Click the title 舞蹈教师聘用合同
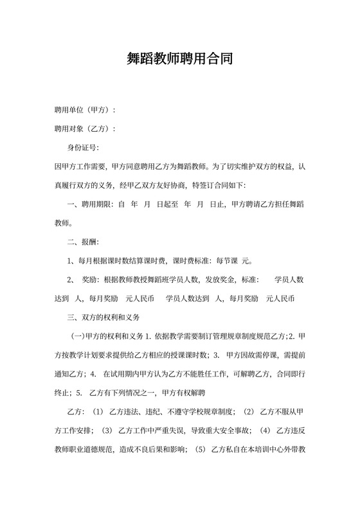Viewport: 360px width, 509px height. [179, 59]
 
